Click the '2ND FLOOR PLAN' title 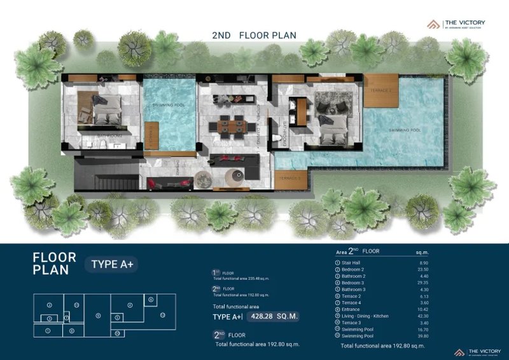254,35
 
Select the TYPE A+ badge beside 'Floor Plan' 115,263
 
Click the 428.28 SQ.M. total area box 272,316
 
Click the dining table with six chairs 230,126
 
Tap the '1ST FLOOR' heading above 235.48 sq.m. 222,273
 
